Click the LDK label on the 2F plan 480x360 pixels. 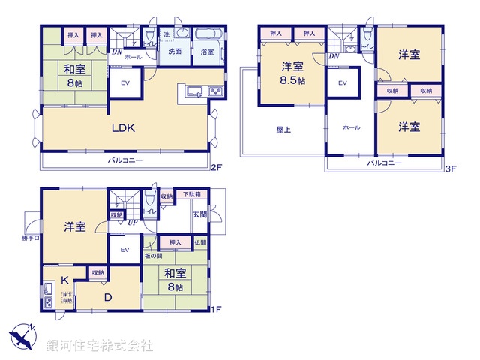[123, 128]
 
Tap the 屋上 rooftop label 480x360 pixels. [283, 129]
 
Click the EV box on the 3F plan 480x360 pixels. [343, 83]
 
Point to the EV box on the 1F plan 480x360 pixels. [125, 249]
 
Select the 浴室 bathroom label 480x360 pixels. [207, 52]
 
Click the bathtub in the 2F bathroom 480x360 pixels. [208, 34]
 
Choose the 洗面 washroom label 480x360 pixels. [174, 52]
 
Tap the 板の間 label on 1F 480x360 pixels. [154, 256]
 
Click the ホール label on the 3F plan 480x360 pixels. [352, 128]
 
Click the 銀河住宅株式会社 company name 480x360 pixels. [100, 345]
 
